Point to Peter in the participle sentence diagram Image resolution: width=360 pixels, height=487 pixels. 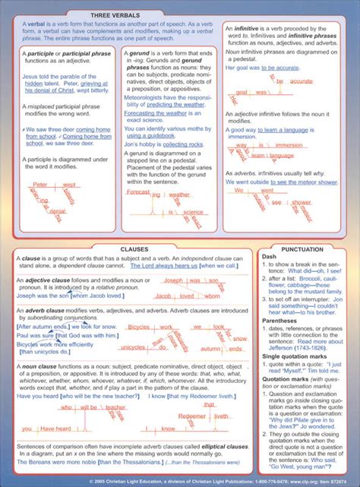point(41,184)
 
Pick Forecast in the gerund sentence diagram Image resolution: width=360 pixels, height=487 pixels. point(138,193)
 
